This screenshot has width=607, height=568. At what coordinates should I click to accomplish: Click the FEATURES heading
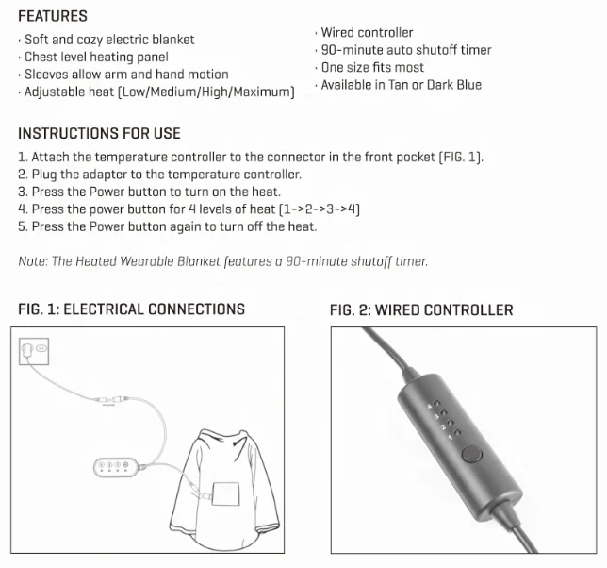(x=53, y=16)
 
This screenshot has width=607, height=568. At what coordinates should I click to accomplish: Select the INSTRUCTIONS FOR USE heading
(x=99, y=133)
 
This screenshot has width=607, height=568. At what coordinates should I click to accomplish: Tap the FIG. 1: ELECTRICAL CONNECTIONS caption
(x=131, y=309)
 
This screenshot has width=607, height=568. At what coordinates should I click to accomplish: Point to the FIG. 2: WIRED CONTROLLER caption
(x=421, y=310)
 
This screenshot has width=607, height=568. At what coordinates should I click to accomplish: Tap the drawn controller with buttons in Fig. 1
(x=116, y=466)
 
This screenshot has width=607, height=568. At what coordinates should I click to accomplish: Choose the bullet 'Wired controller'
(x=366, y=33)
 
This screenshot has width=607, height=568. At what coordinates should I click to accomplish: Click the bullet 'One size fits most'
(x=371, y=67)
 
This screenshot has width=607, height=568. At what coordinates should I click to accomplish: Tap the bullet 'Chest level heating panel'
(x=96, y=58)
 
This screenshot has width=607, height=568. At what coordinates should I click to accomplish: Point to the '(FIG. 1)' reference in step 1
(x=461, y=158)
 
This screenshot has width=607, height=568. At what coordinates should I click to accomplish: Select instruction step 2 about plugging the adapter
(x=159, y=175)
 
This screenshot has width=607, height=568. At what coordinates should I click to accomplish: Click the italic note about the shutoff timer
(x=222, y=260)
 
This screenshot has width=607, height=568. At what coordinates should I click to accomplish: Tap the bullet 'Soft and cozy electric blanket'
(x=108, y=40)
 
